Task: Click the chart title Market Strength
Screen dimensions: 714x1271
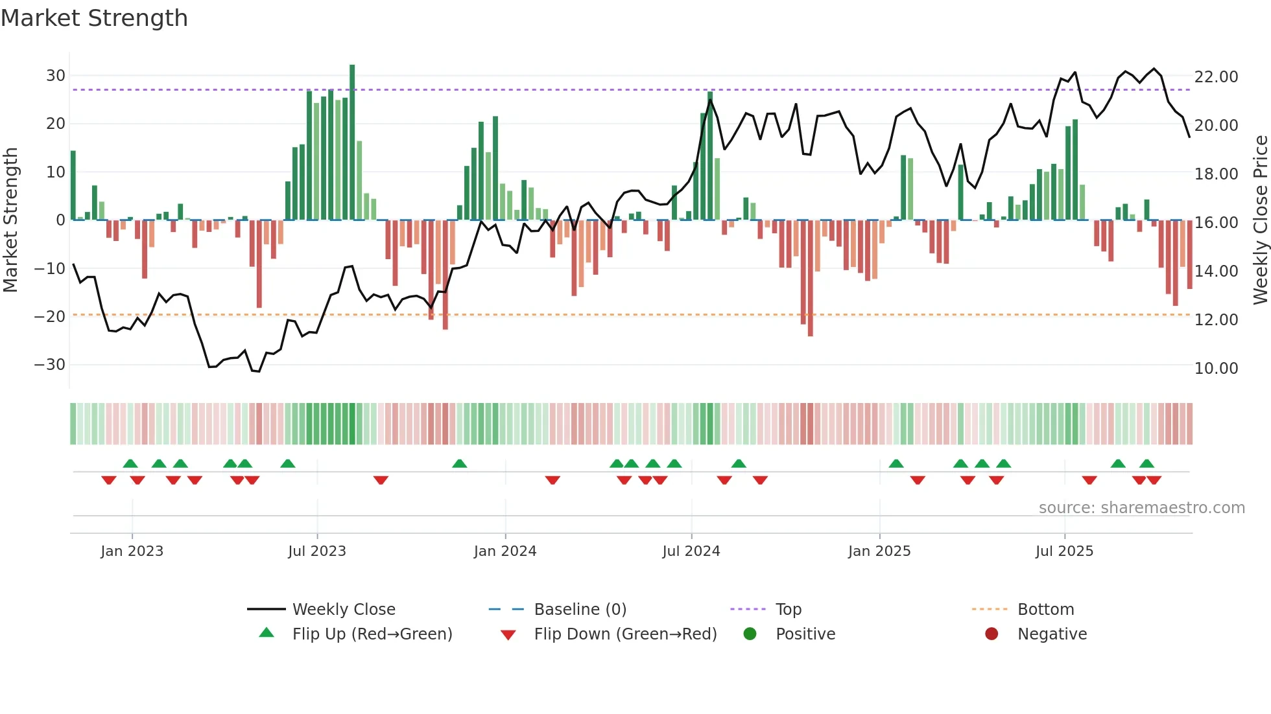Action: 94,18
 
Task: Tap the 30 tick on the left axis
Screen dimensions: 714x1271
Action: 56,76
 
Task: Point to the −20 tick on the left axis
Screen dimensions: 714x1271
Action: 50,317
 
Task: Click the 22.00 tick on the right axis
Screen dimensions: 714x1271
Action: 1216,77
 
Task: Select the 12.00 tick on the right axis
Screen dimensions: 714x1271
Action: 1216,320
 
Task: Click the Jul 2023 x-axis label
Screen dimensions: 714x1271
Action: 317,551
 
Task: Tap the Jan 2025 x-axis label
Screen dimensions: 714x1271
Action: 879,551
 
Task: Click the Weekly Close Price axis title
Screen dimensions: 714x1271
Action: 1260,220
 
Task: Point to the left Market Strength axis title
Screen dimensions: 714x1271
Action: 10,220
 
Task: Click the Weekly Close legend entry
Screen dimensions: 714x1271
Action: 343,610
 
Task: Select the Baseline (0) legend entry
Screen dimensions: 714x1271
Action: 580,610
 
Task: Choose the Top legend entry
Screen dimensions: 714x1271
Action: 788,610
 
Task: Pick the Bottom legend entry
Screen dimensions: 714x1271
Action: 1045,610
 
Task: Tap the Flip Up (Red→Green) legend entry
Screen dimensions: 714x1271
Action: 372,634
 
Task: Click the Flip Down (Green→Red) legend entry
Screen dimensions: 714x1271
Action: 625,634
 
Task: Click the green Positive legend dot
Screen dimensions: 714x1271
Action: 750,634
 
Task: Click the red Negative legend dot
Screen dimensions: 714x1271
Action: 992,634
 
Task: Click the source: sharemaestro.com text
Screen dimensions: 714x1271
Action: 1141,508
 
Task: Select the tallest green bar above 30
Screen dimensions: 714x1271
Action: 352,143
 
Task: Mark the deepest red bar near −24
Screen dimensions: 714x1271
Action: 811,279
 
